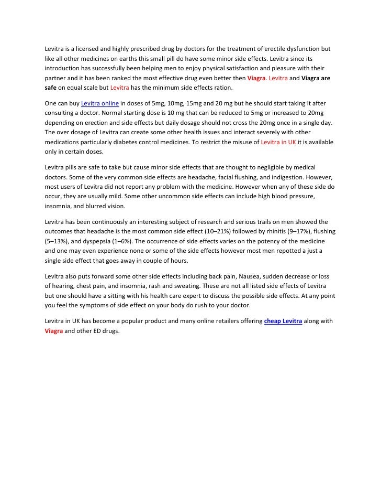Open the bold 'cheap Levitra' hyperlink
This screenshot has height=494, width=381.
pos(283,321)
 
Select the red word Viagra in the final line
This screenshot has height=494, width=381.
pos(54,331)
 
